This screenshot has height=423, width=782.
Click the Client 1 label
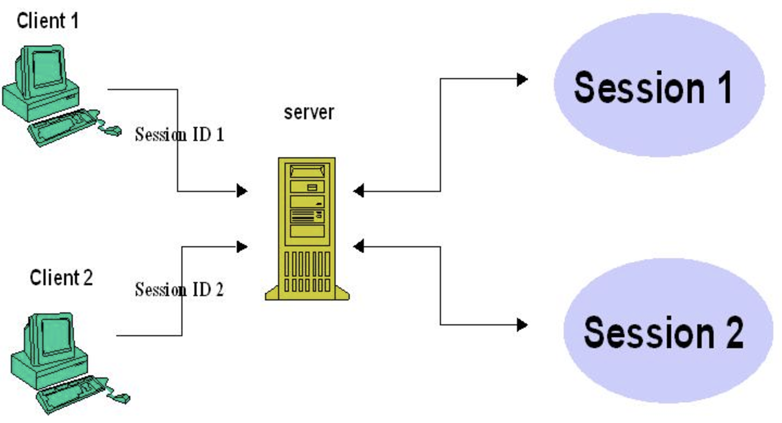[48, 22]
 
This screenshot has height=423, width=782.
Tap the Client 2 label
[61, 278]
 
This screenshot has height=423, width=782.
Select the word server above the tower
[309, 113]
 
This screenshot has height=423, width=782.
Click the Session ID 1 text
[179, 134]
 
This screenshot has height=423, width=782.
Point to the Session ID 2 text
[179, 290]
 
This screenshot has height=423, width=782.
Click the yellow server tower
[307, 228]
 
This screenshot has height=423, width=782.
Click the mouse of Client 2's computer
[122, 398]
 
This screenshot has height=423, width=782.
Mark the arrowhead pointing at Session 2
[522, 325]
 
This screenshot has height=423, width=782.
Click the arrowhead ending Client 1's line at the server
[242, 191]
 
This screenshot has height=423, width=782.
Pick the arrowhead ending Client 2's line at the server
[242, 247]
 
